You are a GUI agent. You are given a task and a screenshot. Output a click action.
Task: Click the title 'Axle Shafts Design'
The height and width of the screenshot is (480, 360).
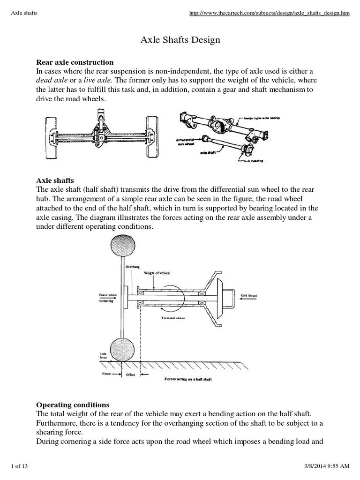coord(180,40)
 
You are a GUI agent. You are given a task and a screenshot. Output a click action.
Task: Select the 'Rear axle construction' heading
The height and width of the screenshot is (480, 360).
coord(75,62)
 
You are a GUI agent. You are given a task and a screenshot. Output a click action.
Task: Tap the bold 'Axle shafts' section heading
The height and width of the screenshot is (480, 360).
coord(55,180)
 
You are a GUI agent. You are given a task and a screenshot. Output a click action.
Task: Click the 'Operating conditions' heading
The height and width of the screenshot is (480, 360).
coord(73,405)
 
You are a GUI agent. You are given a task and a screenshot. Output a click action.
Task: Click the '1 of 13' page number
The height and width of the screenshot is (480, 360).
coord(20,465)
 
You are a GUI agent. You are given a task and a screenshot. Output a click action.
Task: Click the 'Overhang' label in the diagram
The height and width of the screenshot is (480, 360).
coord(133,266)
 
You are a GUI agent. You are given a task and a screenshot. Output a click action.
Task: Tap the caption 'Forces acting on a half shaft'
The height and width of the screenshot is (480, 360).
coord(188,379)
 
